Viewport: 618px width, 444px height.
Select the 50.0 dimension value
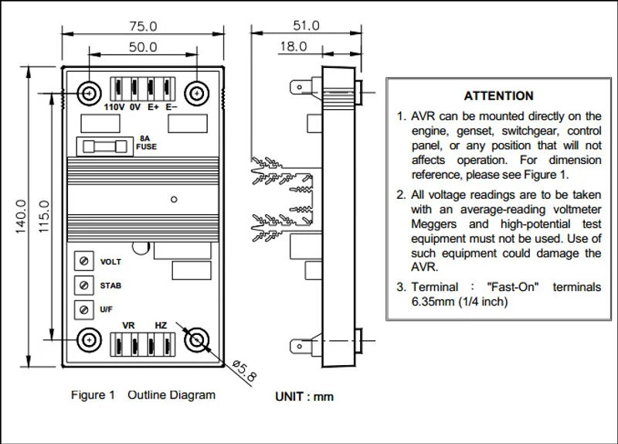[142, 46]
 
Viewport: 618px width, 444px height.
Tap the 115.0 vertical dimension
[43, 217]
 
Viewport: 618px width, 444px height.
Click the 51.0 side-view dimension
[305, 25]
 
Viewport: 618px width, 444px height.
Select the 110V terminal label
[114, 107]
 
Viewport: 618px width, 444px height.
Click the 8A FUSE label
[147, 142]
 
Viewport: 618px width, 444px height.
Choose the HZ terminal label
[161, 326]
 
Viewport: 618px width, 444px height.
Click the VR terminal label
[129, 326]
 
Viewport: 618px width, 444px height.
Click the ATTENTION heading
[498, 96]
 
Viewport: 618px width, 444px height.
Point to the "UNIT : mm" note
[304, 397]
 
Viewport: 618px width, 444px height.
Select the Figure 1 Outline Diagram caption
[143, 395]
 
